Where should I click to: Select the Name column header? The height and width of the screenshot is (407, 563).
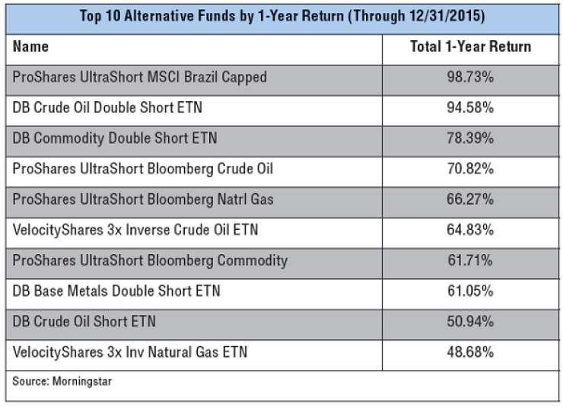tap(31, 47)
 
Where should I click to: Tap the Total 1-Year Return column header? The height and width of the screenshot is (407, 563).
tap(470, 47)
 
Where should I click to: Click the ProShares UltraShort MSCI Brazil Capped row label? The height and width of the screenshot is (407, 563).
tap(140, 78)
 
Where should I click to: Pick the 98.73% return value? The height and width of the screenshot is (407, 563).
tap(470, 78)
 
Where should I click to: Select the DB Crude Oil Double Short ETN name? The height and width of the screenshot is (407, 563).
tap(108, 108)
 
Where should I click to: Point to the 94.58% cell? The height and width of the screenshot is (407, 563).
tap(470, 108)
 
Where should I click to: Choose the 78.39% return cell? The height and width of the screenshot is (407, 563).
tap(470, 138)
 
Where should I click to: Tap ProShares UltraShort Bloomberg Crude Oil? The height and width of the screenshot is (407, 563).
tap(143, 169)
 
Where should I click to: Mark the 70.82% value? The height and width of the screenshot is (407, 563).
tap(470, 169)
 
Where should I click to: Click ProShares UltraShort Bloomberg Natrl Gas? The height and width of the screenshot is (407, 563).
tap(144, 199)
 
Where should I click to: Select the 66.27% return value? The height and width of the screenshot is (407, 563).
tap(470, 199)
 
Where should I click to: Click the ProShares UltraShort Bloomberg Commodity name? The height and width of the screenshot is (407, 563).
tap(151, 260)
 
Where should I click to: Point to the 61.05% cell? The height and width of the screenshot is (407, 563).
tap(470, 291)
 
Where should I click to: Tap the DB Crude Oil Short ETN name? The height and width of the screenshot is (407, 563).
tap(84, 321)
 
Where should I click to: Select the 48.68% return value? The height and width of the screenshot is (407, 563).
tap(470, 352)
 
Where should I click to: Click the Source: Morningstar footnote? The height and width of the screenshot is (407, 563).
tap(62, 381)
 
